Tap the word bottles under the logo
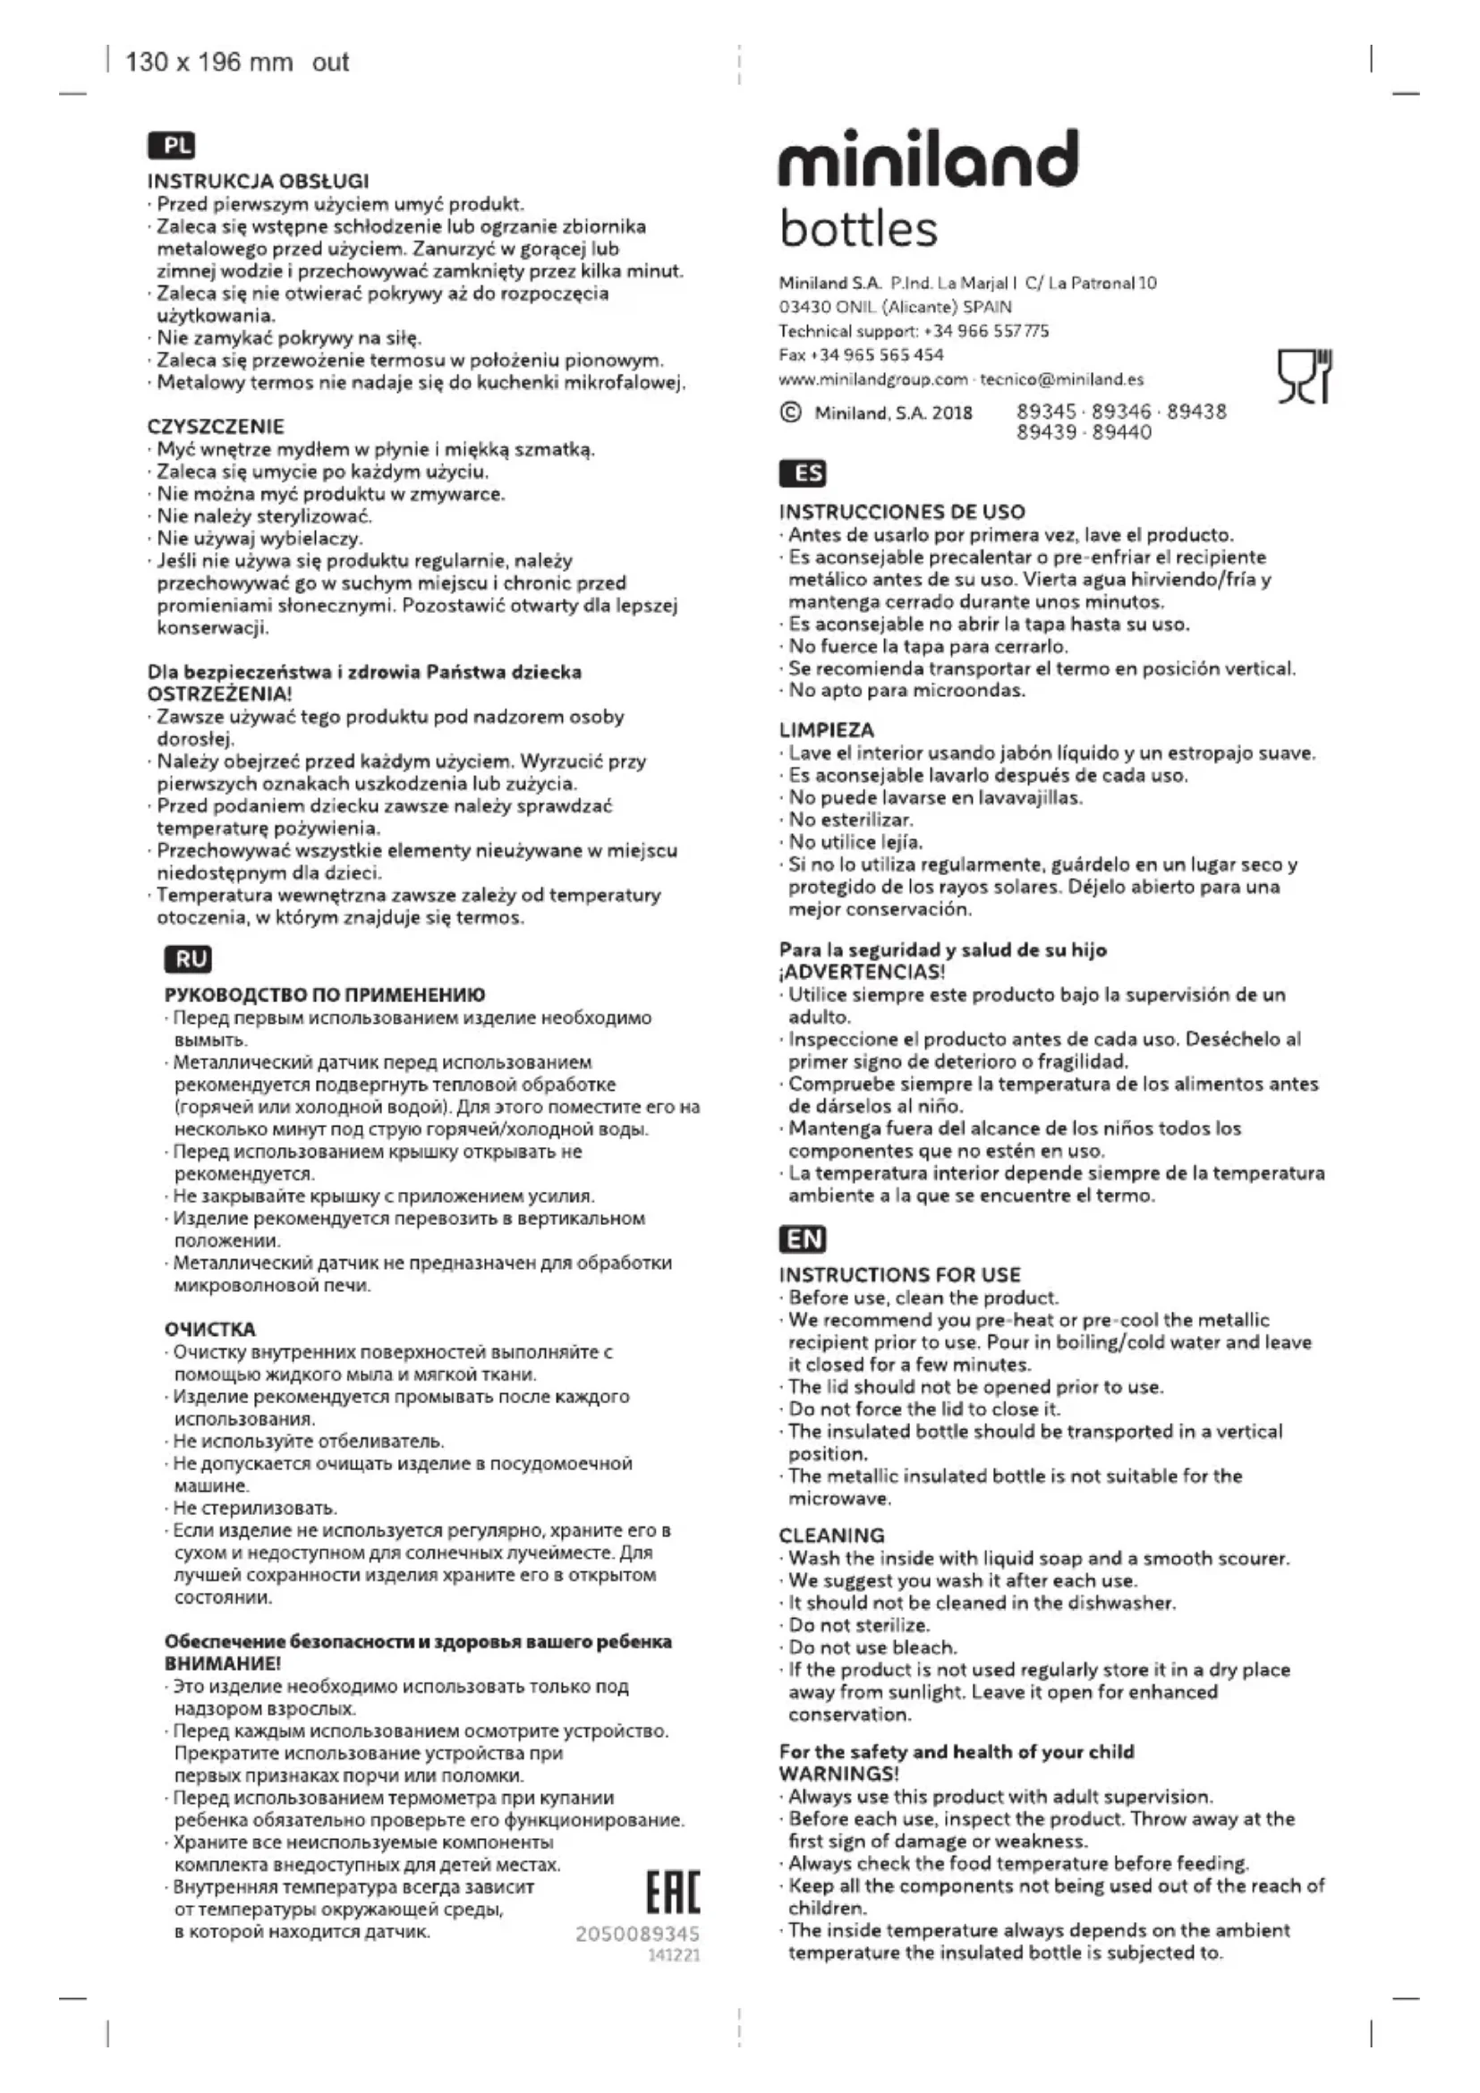coord(857,229)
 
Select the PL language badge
coord(171,145)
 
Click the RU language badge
coord(189,959)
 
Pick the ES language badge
coord(803,473)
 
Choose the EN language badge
coord(803,1238)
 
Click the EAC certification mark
coord(673,1893)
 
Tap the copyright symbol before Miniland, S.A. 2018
coord(790,413)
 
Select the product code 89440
coord(1122,432)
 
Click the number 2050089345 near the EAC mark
coord(637,1934)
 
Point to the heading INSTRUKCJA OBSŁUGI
coord(258,182)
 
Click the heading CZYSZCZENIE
coord(216,427)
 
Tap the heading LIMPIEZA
coord(827,730)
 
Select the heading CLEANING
coord(831,1536)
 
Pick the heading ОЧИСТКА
coord(210,1329)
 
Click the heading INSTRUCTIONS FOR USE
coord(899,1274)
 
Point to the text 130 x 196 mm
coord(208,62)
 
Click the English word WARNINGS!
coord(838,1773)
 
